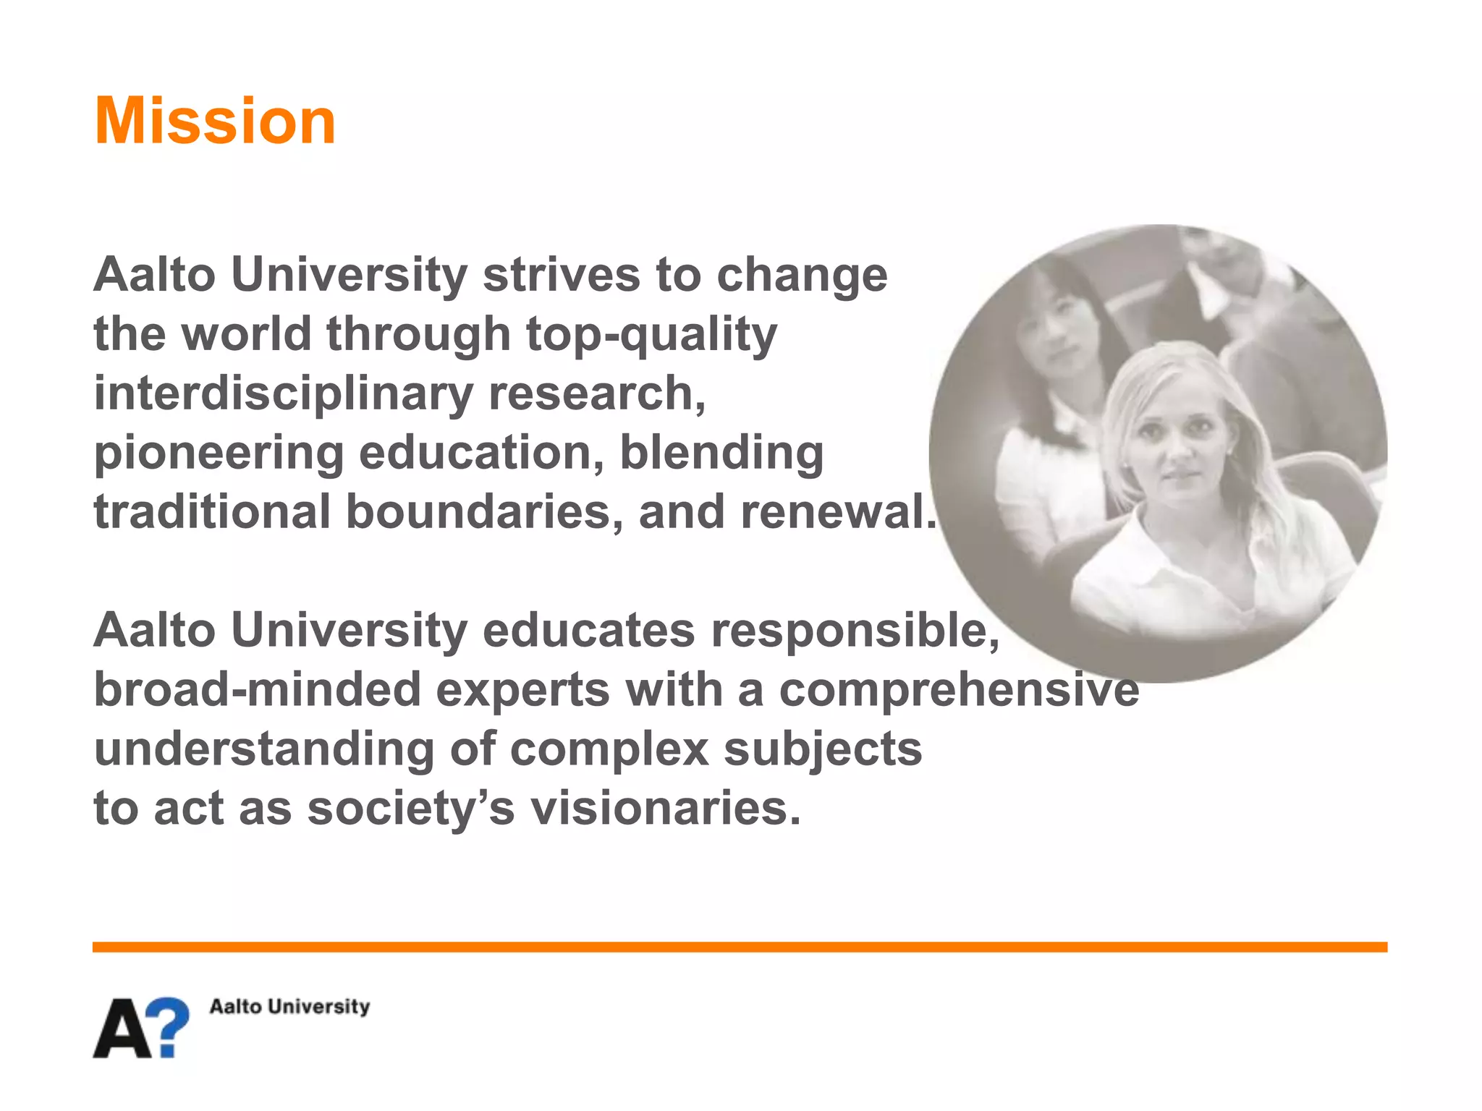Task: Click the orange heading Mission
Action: [215, 121]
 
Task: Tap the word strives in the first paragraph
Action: [562, 275]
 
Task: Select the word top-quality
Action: [651, 336]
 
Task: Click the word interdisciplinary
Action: [283, 394]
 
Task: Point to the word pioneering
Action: [219, 454]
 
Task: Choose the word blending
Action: [721, 454]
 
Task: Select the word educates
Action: [588, 630]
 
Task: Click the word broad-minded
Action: [258, 689]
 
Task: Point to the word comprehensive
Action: [959, 689]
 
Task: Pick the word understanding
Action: [264, 749]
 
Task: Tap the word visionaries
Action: [666, 808]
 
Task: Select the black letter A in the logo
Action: [123, 1029]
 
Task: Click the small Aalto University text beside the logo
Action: [289, 1006]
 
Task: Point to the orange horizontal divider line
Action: [740, 947]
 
